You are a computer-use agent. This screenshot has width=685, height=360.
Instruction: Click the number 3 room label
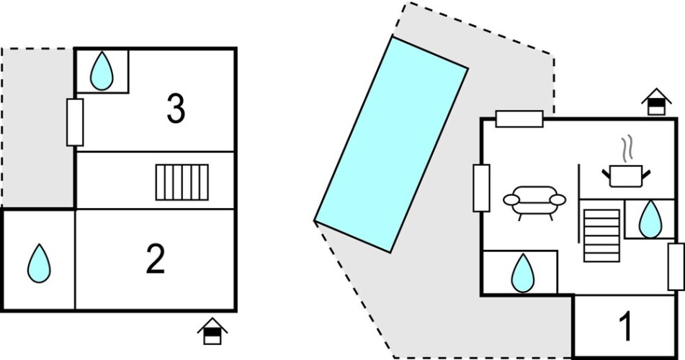pyautogui.click(x=176, y=109)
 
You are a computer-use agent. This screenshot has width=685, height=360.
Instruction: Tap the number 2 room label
pyautogui.click(x=156, y=259)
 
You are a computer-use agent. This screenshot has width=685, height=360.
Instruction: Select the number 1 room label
pyautogui.click(x=626, y=327)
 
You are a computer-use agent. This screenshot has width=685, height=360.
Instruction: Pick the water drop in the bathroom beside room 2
pyautogui.click(x=39, y=263)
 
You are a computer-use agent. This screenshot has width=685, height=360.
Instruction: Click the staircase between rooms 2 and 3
pyautogui.click(x=182, y=182)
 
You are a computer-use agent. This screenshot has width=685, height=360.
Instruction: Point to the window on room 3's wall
pyautogui.click(x=75, y=122)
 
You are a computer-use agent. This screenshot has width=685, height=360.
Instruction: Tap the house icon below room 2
pyautogui.click(x=212, y=331)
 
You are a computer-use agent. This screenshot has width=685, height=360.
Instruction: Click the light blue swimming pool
pyautogui.click(x=391, y=145)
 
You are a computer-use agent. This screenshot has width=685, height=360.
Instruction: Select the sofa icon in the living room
pyautogui.click(x=534, y=203)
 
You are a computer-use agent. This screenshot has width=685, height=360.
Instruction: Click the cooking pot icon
pyautogui.click(x=626, y=176)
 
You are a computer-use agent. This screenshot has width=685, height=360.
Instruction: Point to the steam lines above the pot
pyautogui.click(x=627, y=149)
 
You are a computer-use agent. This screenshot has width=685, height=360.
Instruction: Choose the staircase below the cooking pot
pyautogui.click(x=601, y=235)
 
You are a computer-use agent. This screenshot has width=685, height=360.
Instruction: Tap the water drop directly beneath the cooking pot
pyautogui.click(x=650, y=220)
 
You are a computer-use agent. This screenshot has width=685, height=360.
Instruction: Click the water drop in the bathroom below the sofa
pyautogui.click(x=523, y=273)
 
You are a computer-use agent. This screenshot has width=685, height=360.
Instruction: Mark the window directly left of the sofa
pyautogui.click(x=481, y=188)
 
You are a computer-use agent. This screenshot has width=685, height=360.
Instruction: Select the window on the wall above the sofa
pyautogui.click(x=519, y=119)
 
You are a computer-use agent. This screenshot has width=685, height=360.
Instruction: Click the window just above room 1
pyautogui.click(x=676, y=266)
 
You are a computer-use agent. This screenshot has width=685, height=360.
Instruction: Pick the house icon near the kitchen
pyautogui.click(x=656, y=102)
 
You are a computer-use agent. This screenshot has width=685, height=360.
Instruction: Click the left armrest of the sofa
pyautogui.click(x=511, y=200)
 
